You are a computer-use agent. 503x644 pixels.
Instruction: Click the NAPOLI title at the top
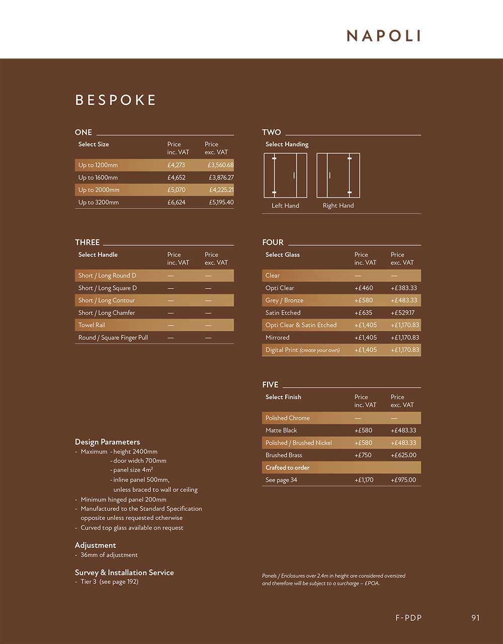tap(383, 36)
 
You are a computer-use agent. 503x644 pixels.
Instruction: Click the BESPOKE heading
tap(116, 100)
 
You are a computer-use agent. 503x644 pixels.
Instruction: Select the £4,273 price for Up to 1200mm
tap(176, 165)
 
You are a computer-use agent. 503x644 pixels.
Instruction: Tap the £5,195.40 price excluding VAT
tap(221, 202)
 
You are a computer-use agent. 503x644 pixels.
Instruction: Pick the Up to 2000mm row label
tap(99, 190)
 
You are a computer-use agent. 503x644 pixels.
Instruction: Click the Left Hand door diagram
tap(285, 175)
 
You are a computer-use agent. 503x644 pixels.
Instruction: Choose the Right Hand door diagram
tap(338, 175)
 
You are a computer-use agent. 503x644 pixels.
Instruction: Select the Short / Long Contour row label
tap(107, 300)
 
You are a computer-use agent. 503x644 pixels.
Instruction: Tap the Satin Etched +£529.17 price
tap(402, 313)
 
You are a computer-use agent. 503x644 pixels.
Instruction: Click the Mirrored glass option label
tap(277, 337)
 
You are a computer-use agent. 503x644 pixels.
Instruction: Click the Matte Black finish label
tap(281, 431)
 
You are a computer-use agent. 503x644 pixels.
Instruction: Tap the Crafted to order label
tap(287, 468)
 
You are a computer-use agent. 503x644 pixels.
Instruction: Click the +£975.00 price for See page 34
tap(403, 480)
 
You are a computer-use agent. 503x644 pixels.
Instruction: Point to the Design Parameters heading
tap(107, 442)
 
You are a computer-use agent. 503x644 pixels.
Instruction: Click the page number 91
tap(475, 618)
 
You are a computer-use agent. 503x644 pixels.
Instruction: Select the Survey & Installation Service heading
tap(124, 573)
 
